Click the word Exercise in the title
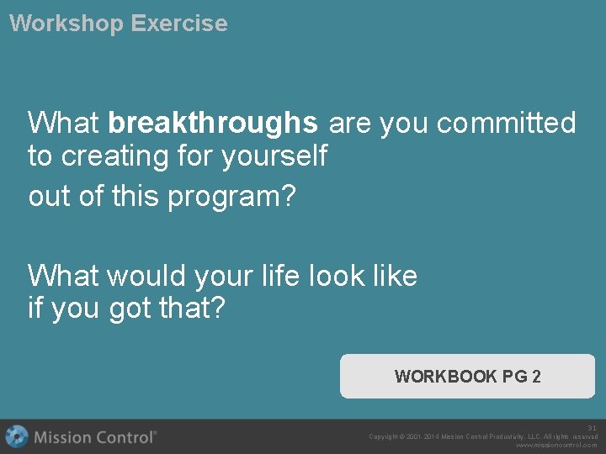point(178,24)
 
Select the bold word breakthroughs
point(213,124)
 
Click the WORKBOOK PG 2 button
point(467,376)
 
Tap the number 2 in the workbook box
point(536,376)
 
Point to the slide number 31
point(592,427)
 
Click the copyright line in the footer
point(483,436)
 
